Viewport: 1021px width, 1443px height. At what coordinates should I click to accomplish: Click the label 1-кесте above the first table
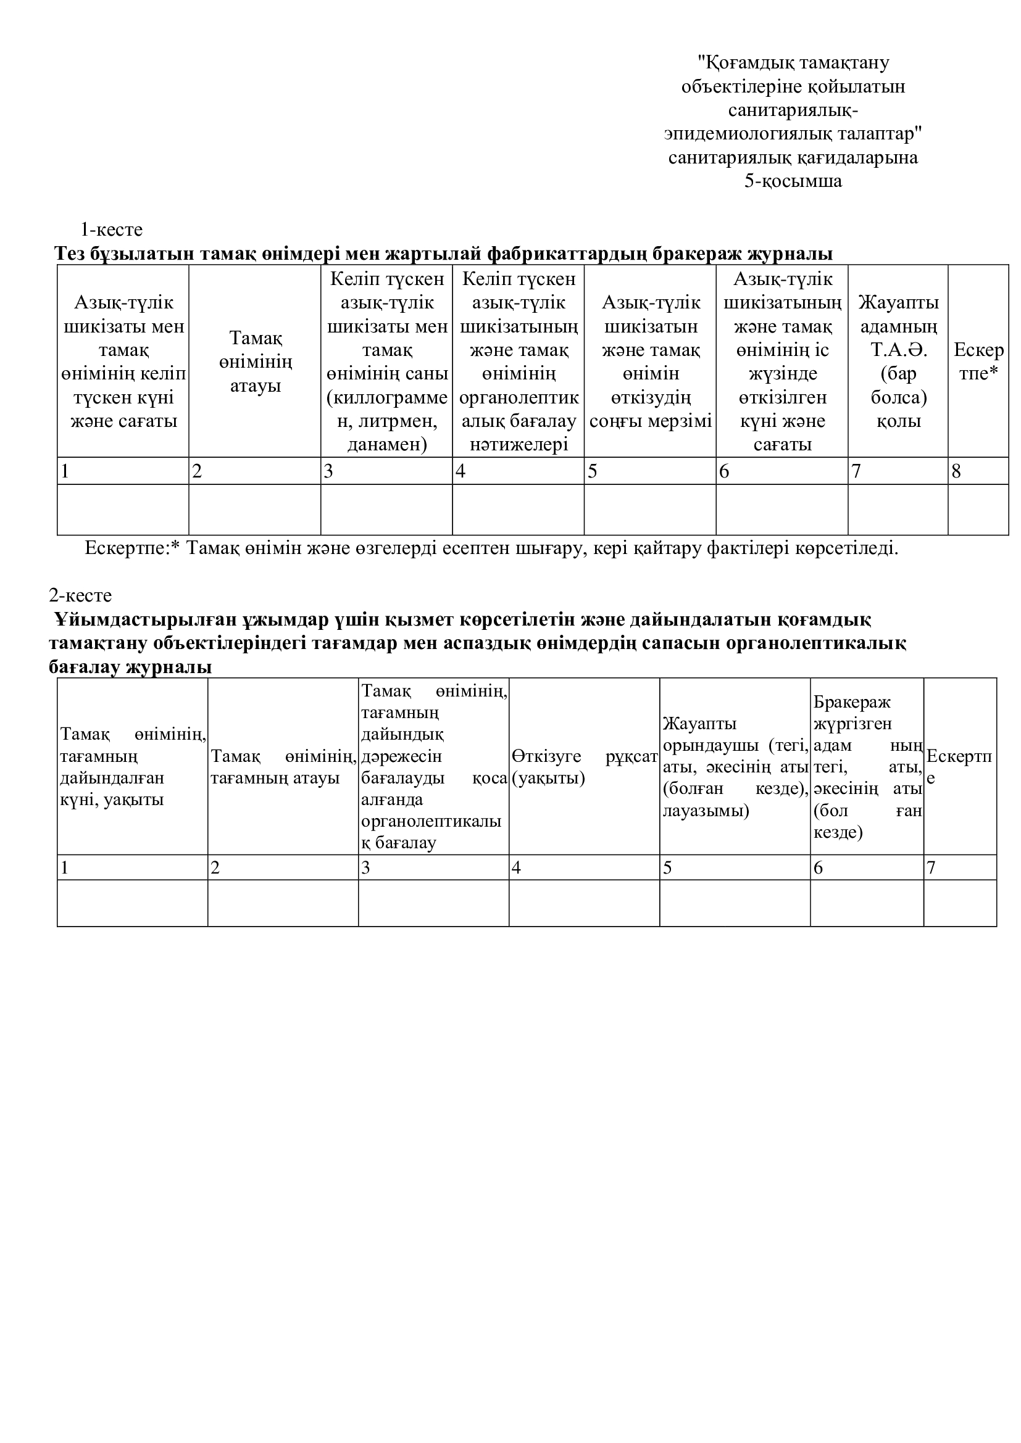click(x=111, y=229)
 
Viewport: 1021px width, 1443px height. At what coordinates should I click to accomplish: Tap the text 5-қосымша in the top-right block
click(x=793, y=181)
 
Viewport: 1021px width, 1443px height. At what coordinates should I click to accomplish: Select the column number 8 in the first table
click(x=956, y=471)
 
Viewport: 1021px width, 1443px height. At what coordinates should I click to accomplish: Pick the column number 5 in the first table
click(x=592, y=471)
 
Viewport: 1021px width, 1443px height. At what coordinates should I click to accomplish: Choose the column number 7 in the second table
click(x=931, y=868)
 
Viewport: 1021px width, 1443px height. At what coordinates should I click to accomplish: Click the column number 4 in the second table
click(x=516, y=868)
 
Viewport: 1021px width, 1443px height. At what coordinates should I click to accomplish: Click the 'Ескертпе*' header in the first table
click(x=978, y=362)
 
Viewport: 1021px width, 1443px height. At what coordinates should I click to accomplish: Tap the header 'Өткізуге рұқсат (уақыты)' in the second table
click(x=584, y=767)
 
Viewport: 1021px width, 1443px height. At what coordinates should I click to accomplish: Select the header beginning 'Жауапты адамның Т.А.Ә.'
click(x=898, y=362)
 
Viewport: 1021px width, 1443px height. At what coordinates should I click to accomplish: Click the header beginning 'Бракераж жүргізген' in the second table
click(x=867, y=767)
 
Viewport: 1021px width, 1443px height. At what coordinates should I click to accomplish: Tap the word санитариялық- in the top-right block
click(x=793, y=110)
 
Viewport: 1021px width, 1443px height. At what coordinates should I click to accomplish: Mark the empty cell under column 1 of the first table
click(x=123, y=510)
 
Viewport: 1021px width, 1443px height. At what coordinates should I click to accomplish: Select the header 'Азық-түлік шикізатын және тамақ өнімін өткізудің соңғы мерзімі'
click(x=650, y=362)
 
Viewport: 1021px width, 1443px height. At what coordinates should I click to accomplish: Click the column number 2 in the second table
click(x=215, y=868)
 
